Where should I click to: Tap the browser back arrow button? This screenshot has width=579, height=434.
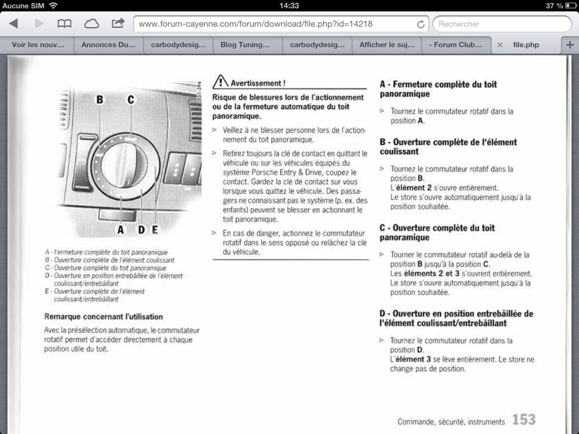(14, 24)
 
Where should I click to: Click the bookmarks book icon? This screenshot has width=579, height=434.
(64, 24)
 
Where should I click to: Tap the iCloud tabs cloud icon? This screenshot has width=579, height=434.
(91, 24)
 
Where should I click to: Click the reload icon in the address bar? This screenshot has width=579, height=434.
(421, 24)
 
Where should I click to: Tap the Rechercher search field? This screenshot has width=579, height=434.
(502, 24)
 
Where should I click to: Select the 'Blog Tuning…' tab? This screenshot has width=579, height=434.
(245, 45)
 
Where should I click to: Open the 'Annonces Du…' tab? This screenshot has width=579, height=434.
(109, 45)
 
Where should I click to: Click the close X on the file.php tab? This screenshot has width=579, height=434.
(500, 45)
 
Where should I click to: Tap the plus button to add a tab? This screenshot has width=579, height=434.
(569, 45)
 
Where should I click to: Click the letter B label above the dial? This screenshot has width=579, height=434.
(100, 99)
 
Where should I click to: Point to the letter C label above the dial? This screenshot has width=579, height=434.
(131, 99)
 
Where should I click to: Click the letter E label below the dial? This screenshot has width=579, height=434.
(155, 230)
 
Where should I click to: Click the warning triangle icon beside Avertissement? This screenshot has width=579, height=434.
(220, 83)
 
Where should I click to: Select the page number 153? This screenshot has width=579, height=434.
(524, 420)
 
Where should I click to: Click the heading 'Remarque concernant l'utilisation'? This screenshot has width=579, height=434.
(103, 316)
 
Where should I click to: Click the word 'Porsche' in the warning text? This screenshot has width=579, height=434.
(270, 172)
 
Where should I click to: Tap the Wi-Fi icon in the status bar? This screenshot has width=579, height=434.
(53, 6)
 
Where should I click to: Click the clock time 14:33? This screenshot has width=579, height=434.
(289, 6)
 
